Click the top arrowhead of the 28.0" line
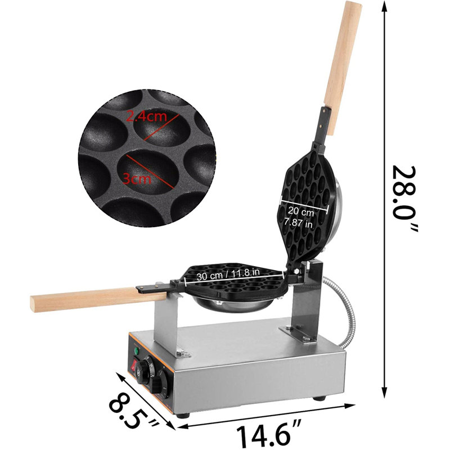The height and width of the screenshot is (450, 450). [385, 7]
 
